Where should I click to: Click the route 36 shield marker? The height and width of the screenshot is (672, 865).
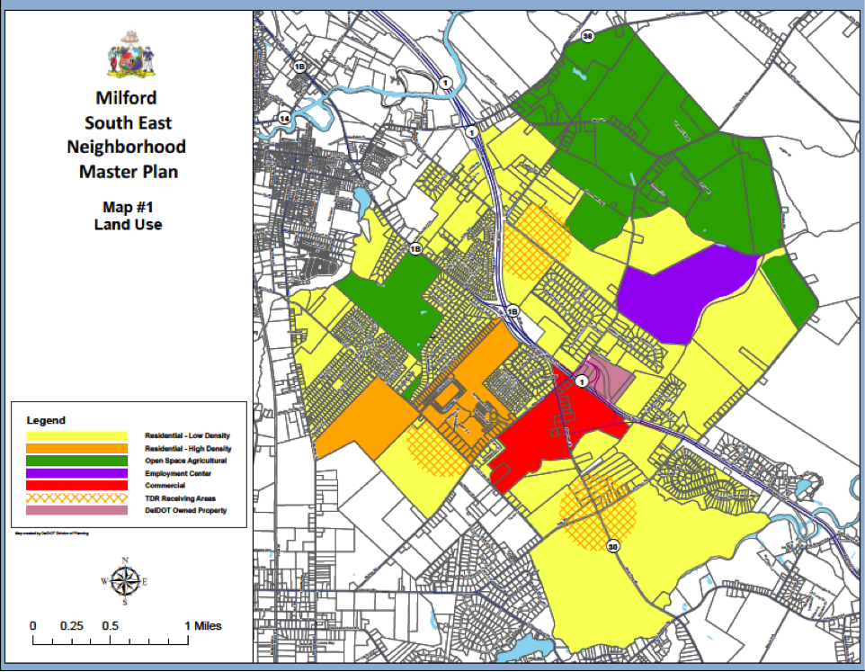pyautogui.click(x=588, y=37)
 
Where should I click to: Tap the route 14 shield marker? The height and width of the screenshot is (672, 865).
pyautogui.click(x=284, y=119)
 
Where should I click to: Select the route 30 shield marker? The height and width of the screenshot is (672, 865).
pyautogui.click(x=613, y=546)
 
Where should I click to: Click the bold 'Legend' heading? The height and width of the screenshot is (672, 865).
pyautogui.click(x=46, y=420)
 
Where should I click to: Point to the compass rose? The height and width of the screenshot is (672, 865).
pyautogui.click(x=125, y=581)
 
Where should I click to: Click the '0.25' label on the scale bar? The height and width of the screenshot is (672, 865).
pyautogui.click(x=71, y=626)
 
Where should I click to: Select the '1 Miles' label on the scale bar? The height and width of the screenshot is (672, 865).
pyautogui.click(x=203, y=626)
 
